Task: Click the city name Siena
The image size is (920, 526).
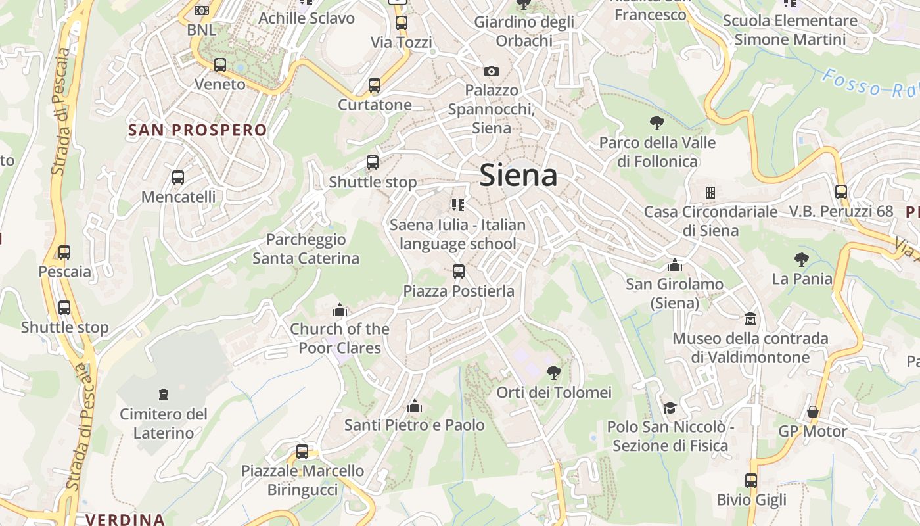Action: (518, 175)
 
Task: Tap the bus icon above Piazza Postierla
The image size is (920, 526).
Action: (459, 271)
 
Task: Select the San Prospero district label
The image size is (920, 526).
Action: (197, 130)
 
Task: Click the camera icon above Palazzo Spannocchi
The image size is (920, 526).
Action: (491, 71)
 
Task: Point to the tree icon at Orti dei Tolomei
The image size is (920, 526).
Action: (554, 373)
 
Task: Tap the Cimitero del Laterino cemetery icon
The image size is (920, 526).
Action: (164, 394)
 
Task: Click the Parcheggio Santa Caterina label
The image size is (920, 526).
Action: (306, 249)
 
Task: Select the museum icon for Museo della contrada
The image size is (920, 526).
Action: (750, 319)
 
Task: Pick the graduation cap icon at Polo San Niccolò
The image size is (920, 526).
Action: (670, 408)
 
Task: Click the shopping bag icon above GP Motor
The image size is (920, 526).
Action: (813, 412)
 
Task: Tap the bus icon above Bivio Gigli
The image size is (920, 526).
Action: (751, 480)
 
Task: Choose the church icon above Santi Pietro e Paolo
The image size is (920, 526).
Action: (415, 406)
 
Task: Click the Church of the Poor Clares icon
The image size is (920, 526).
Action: (340, 309)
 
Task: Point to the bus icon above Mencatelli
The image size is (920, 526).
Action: (177, 177)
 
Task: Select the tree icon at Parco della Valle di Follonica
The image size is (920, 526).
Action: (656, 122)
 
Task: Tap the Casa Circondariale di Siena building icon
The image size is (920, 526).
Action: (710, 193)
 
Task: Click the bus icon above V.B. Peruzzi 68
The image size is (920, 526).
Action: (841, 192)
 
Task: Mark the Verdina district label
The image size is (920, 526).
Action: (124, 519)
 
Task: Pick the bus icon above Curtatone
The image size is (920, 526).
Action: (375, 85)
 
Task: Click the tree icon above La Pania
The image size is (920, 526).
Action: (801, 259)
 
